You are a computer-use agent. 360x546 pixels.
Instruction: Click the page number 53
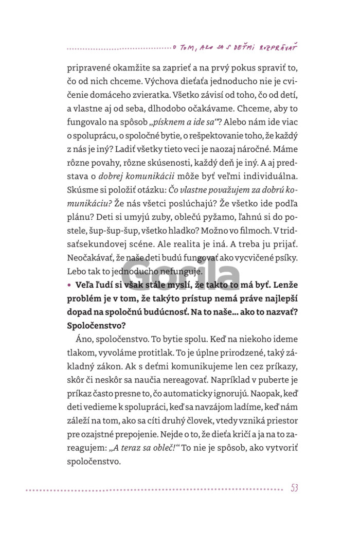click(x=294, y=488)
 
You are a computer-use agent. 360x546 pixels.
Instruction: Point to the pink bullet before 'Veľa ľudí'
click(x=69, y=284)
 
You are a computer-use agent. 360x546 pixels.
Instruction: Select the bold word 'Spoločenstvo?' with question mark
click(x=97, y=325)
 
